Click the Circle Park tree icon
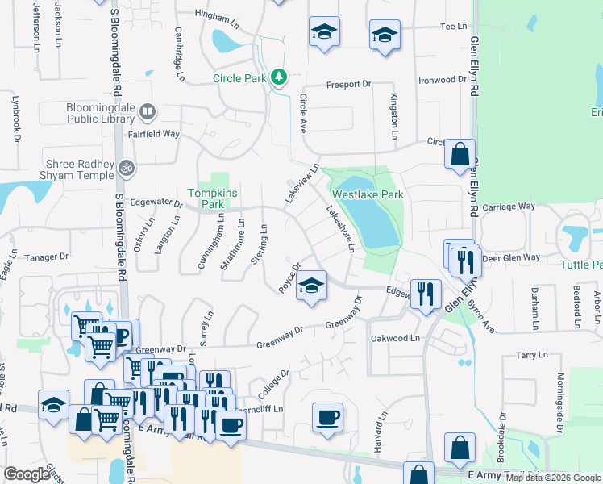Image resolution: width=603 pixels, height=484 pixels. click(279, 77)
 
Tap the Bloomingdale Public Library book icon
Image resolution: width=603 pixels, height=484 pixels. click(147, 111)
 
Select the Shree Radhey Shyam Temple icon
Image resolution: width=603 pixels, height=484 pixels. click(126, 169)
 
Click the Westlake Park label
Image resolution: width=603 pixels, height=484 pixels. click(368, 194)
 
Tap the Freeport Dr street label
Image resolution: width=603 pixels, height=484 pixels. click(348, 84)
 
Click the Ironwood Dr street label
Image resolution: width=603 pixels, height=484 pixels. click(442, 81)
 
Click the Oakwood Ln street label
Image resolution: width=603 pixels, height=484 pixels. click(396, 338)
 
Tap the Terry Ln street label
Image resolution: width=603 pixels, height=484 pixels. click(531, 355)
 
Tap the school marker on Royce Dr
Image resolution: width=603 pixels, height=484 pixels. click(311, 286)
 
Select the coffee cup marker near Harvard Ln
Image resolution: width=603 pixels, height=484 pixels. click(327, 418)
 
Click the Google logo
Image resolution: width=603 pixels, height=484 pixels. click(27, 474)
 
